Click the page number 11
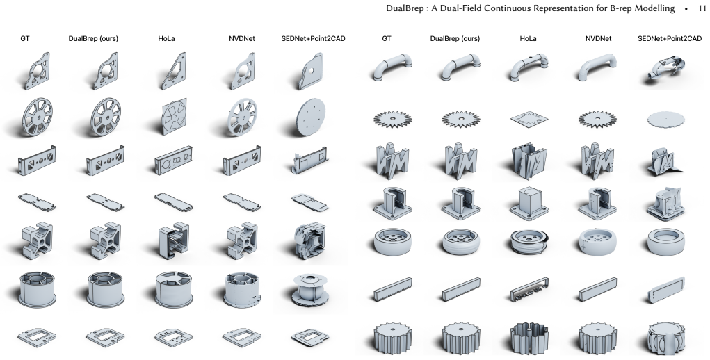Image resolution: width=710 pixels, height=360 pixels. coord(702,8)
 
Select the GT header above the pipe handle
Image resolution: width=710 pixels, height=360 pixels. coord(386,38)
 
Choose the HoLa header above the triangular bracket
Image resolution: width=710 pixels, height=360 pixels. coord(166,38)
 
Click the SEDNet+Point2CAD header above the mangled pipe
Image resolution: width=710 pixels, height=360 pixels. coord(670,38)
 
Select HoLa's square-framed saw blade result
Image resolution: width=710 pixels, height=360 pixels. coord(529,120)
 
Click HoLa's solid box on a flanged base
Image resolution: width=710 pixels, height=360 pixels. coord(529,203)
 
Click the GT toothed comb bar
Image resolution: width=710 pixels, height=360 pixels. coord(393,289)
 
